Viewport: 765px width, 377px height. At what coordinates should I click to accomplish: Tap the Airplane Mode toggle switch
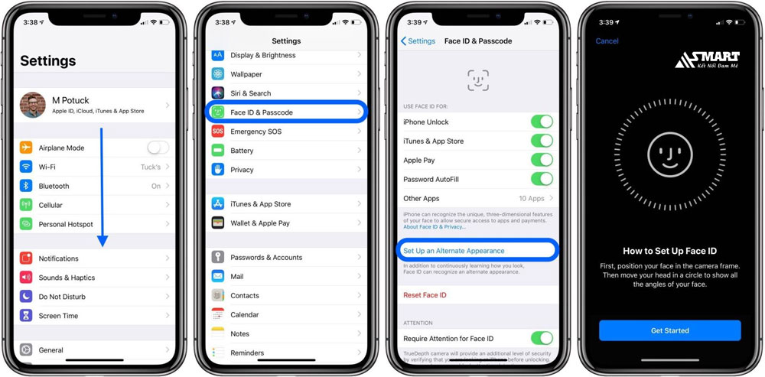click(158, 148)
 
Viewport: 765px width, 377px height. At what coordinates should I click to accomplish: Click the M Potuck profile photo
click(32, 105)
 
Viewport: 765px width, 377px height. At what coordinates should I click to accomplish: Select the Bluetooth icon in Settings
click(26, 186)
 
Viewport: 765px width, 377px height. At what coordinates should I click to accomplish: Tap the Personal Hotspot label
click(66, 224)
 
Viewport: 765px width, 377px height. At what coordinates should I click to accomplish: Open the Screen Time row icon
click(26, 316)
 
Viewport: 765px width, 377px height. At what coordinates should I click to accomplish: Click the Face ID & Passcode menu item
click(262, 112)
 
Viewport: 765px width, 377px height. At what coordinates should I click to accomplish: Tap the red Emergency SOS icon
click(218, 132)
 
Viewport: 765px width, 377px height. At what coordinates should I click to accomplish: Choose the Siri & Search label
click(251, 93)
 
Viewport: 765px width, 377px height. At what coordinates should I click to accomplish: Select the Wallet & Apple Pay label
click(260, 223)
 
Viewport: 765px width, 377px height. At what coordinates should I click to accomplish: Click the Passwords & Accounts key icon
click(218, 258)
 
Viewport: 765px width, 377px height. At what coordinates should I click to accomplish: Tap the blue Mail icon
click(218, 277)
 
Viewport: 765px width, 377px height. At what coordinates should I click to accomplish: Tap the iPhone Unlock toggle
click(542, 122)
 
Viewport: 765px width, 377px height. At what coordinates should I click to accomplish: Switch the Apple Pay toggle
click(542, 160)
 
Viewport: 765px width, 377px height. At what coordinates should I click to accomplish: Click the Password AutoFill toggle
click(542, 179)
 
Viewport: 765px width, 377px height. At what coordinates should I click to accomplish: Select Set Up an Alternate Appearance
click(454, 251)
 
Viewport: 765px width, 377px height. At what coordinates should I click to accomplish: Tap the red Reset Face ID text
click(425, 295)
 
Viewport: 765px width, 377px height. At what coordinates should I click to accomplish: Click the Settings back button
click(418, 41)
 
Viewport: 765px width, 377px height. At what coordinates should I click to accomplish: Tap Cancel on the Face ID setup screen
click(607, 41)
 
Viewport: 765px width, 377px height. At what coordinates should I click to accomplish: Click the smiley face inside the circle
click(669, 156)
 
